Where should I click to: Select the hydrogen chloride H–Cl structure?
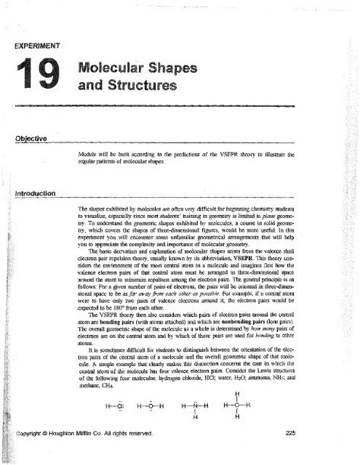click(112, 405)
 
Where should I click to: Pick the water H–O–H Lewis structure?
click(151, 405)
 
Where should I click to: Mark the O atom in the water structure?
click(151, 405)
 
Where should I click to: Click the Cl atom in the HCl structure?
click(117, 405)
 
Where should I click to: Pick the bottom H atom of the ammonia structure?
click(194, 417)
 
